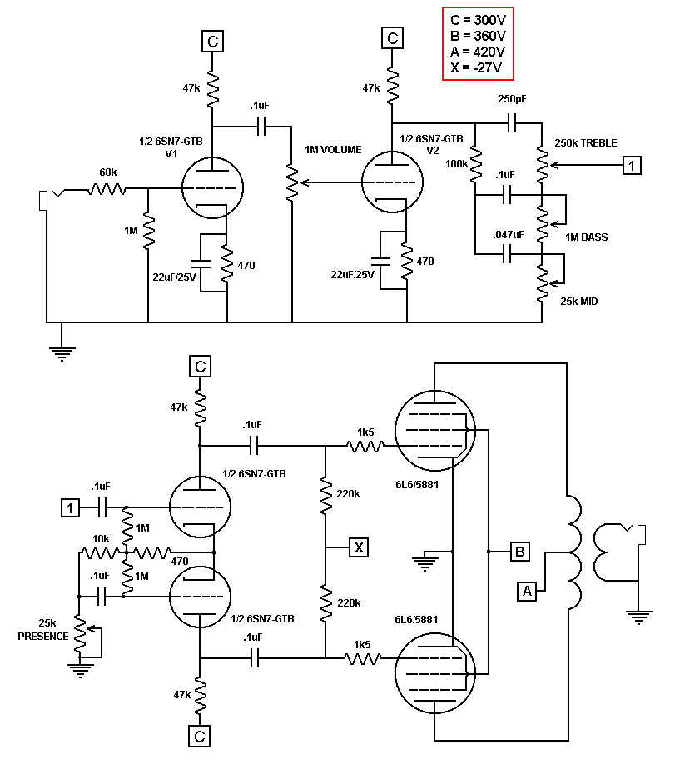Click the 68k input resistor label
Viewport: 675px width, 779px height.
[x=107, y=172]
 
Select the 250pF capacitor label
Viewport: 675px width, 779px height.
[x=512, y=99]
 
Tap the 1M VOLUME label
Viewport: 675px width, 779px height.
[x=333, y=149]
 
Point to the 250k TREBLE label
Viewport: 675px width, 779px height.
[x=586, y=143]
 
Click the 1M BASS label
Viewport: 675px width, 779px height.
[x=586, y=237]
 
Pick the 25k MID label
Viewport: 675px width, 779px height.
[x=578, y=302]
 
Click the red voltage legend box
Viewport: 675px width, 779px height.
[x=478, y=43]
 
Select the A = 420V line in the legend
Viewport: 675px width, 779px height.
[x=478, y=52]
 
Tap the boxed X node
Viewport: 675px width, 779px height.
[x=359, y=547]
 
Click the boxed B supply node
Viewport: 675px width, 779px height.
[x=519, y=552]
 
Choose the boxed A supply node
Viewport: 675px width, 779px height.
[x=527, y=592]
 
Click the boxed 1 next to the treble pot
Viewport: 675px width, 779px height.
[x=632, y=165]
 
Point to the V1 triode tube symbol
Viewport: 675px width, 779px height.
[x=212, y=187]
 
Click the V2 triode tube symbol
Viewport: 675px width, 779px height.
[x=392, y=182]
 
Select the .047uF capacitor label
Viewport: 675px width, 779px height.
[x=509, y=234]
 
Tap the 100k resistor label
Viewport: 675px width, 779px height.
[x=457, y=164]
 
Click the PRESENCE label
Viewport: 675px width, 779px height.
[x=43, y=637]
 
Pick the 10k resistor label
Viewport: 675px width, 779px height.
[x=101, y=538]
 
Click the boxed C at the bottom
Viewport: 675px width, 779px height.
[x=200, y=737]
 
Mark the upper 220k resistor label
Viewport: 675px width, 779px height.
[x=348, y=494]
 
